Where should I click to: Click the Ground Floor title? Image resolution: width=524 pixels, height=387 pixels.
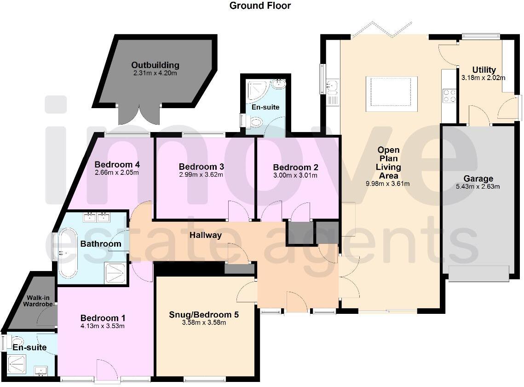point(260,6)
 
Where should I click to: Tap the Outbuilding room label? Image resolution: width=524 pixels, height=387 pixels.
point(155,65)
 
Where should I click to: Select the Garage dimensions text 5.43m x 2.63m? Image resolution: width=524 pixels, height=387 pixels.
point(478,186)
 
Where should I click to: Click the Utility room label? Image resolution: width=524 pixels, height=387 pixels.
point(484,70)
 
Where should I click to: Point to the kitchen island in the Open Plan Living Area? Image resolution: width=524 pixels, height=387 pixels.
point(392,94)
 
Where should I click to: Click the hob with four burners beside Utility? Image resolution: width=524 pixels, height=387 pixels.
point(449,96)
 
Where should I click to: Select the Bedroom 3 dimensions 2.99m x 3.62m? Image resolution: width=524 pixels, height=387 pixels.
point(201,174)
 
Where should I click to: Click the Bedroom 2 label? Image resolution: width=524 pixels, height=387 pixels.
point(295,168)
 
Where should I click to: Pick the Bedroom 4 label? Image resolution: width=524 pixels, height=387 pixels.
point(117,165)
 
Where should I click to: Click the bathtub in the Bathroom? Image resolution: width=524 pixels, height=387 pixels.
point(67,253)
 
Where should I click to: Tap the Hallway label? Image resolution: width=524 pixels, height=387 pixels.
point(206,235)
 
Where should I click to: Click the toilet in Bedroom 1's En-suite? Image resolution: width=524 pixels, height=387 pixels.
point(17,341)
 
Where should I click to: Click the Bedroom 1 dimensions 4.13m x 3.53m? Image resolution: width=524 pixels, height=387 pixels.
point(103,326)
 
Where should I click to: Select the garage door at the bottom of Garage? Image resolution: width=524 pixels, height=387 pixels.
point(478,273)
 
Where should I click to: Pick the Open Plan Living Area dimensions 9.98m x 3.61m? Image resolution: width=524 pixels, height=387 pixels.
point(388,184)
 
